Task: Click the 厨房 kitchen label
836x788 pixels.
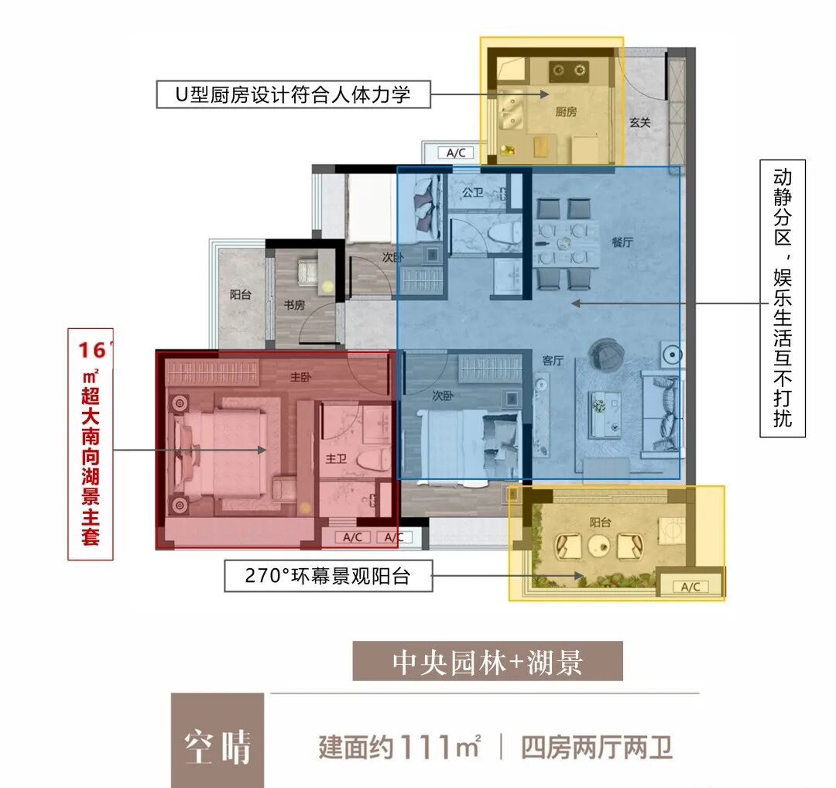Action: coord(566,111)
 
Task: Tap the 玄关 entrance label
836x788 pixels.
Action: coord(639,122)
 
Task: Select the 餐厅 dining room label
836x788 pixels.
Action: coord(622,242)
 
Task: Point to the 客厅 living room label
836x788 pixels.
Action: coord(552,359)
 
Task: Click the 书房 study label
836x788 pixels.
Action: coord(294,305)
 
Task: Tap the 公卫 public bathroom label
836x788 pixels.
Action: coord(472,192)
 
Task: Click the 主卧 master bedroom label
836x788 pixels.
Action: coord(300,378)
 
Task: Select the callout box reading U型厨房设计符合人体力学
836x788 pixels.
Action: coord(293,95)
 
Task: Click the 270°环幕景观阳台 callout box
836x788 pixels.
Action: coord(328,576)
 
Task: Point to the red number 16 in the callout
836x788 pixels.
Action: coord(91,350)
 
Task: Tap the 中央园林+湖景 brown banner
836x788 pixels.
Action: coord(488,663)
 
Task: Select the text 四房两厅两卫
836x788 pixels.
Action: coord(597,748)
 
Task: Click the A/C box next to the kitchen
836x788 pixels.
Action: coord(456,152)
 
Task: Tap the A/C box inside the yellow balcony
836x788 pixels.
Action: coord(690,587)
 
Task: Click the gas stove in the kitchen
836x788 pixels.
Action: coord(569,71)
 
